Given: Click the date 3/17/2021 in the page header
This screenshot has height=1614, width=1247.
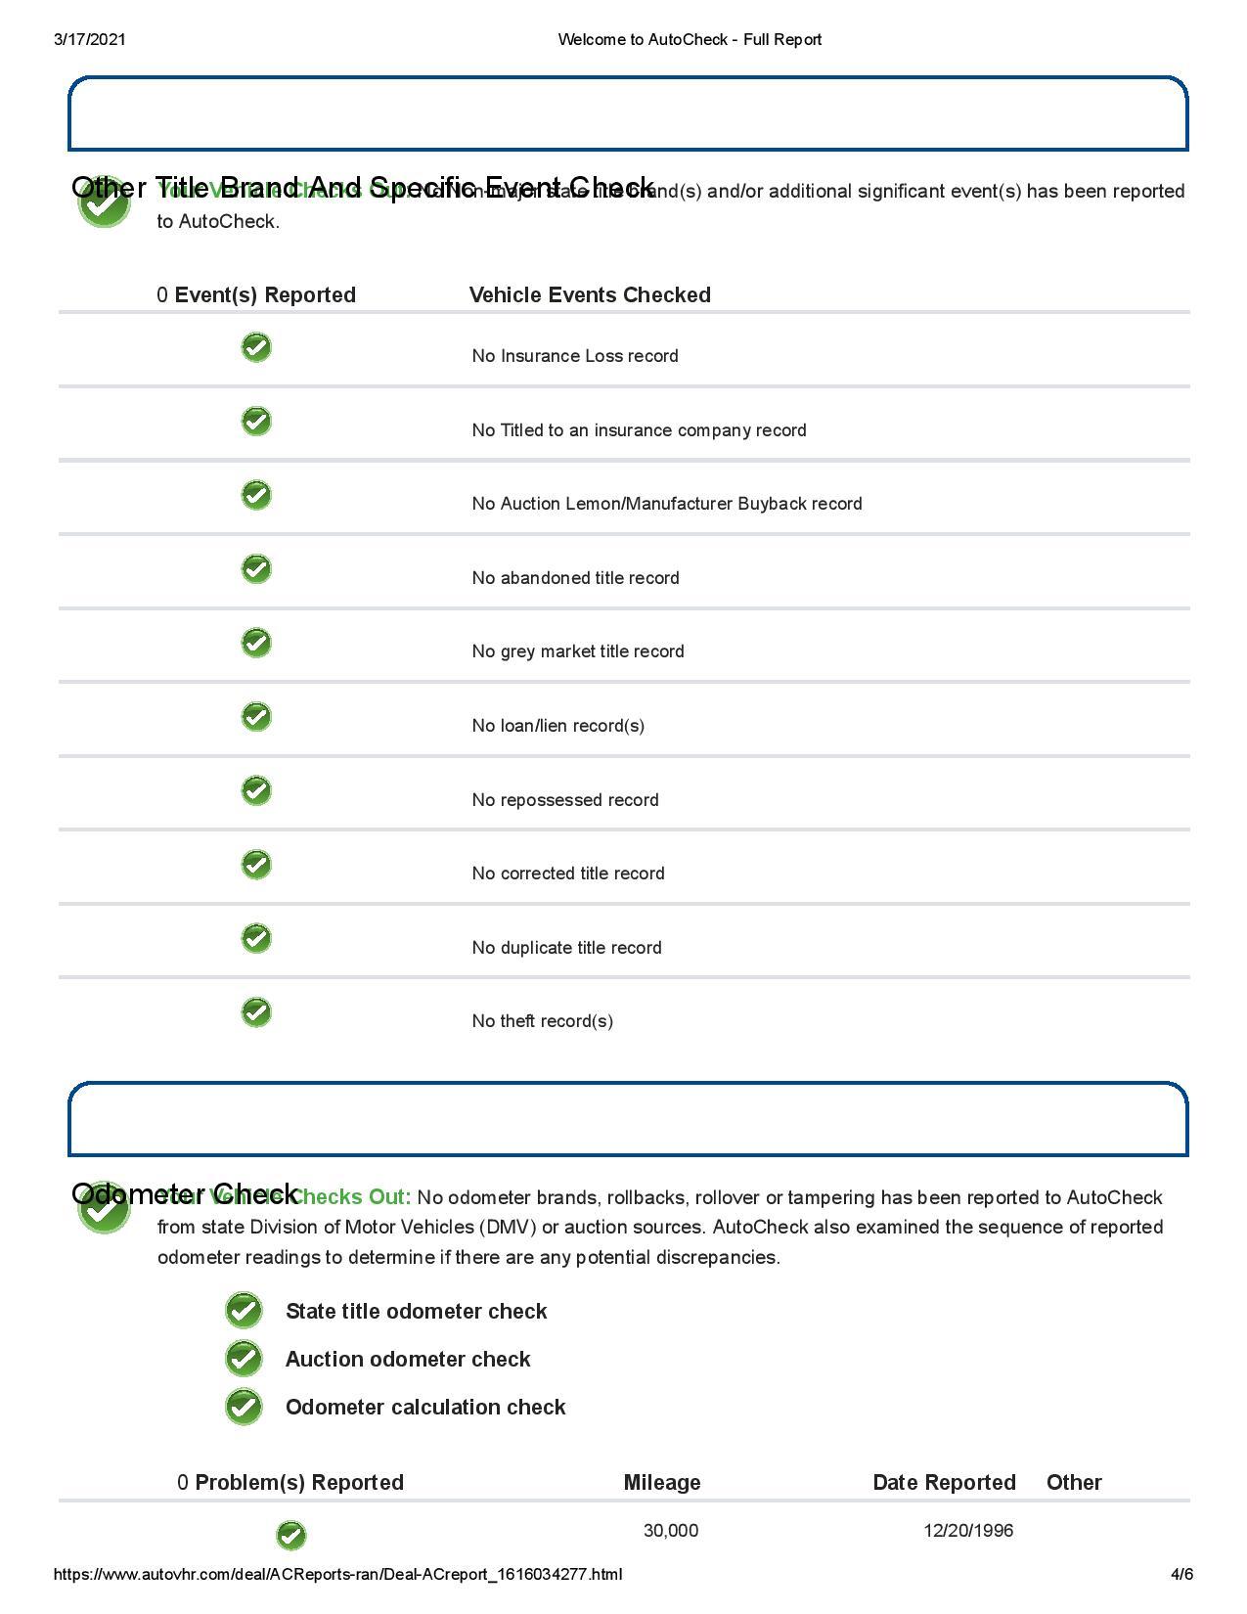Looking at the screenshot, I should [x=90, y=39].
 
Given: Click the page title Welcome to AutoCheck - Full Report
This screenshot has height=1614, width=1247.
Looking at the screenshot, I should [x=689, y=39].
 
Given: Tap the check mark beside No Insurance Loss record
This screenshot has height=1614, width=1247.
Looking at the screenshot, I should [x=256, y=347].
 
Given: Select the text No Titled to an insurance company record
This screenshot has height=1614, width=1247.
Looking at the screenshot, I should [x=639, y=430].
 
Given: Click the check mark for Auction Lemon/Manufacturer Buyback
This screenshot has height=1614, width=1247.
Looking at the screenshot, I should [x=256, y=495].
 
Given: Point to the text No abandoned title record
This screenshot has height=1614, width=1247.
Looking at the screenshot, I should [x=575, y=578].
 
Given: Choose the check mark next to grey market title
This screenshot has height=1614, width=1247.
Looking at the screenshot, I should [x=256, y=643].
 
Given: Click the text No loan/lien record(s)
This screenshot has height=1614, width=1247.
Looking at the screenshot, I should [x=557, y=726].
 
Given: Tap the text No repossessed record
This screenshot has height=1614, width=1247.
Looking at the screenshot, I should [x=565, y=800].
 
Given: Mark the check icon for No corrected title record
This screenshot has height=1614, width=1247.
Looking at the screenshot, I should [x=256, y=865].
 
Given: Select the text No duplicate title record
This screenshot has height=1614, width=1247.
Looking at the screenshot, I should [x=566, y=948].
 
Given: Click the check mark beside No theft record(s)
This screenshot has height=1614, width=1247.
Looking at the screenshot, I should [x=256, y=1012].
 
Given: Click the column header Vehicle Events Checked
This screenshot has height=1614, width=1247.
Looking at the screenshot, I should [x=590, y=295].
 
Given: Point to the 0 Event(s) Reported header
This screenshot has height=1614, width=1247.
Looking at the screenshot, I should [x=256, y=295].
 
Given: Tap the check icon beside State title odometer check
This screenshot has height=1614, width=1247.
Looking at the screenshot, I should [x=244, y=1311].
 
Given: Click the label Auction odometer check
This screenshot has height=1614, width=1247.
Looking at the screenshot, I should [x=408, y=1360].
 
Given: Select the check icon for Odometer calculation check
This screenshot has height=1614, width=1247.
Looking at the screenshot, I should [x=244, y=1407].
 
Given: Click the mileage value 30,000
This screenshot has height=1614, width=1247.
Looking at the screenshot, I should [x=671, y=1531].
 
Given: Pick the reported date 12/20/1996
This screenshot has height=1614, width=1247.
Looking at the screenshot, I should [x=968, y=1531].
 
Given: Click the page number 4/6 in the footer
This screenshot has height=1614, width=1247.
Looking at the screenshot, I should [x=1181, y=1575].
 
